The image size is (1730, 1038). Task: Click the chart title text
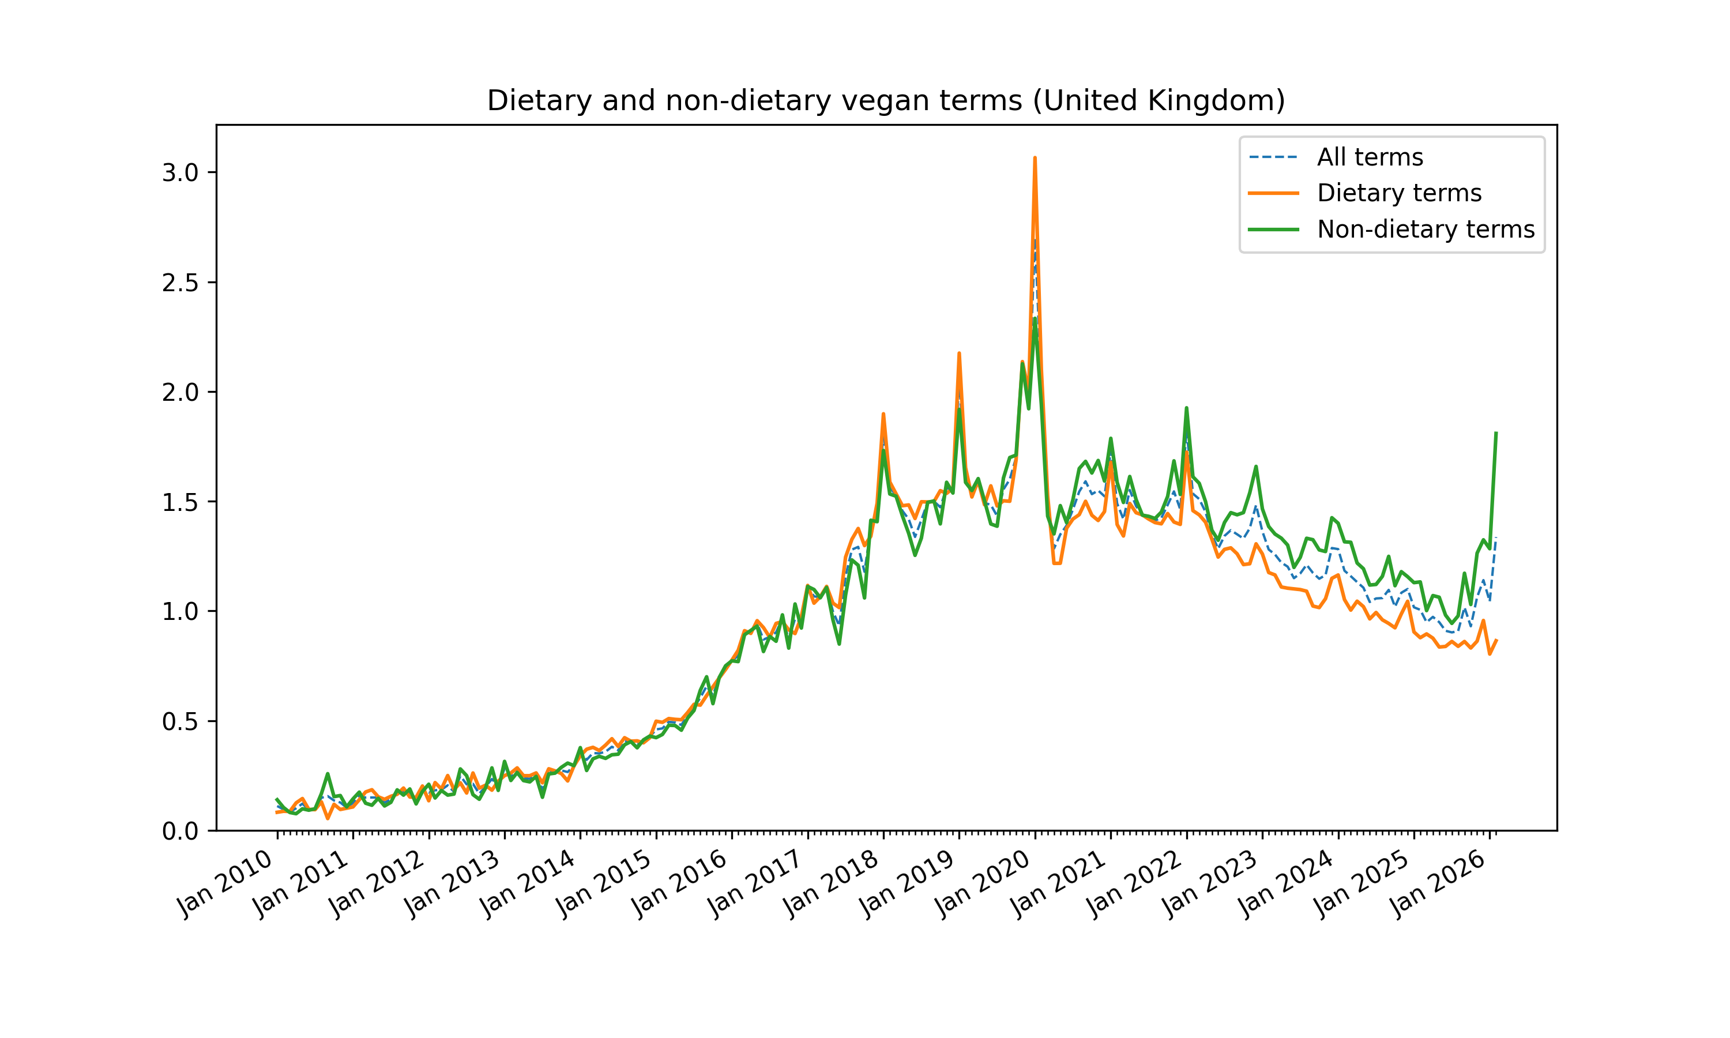click(x=885, y=101)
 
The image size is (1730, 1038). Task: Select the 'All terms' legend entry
click(x=1369, y=157)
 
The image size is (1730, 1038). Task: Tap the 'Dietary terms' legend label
click(x=1398, y=193)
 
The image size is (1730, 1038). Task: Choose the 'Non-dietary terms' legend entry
click(x=1425, y=230)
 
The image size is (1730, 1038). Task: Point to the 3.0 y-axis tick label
click(x=180, y=173)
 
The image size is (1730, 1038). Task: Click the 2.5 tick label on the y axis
click(x=180, y=283)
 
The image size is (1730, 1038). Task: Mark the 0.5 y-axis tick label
click(x=180, y=721)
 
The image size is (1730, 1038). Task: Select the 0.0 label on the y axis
click(x=180, y=831)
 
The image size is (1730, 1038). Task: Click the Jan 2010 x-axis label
click(x=225, y=883)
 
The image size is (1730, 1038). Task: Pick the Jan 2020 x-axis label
click(x=983, y=883)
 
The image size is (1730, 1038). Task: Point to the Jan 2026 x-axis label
click(x=1437, y=883)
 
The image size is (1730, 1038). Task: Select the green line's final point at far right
click(x=1496, y=433)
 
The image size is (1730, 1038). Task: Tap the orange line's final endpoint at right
click(x=1496, y=640)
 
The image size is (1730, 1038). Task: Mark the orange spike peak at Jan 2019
click(x=958, y=353)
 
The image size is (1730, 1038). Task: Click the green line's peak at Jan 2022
click(x=1186, y=408)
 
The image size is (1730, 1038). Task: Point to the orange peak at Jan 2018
click(x=883, y=414)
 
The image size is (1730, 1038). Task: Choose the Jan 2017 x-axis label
click(x=755, y=883)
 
